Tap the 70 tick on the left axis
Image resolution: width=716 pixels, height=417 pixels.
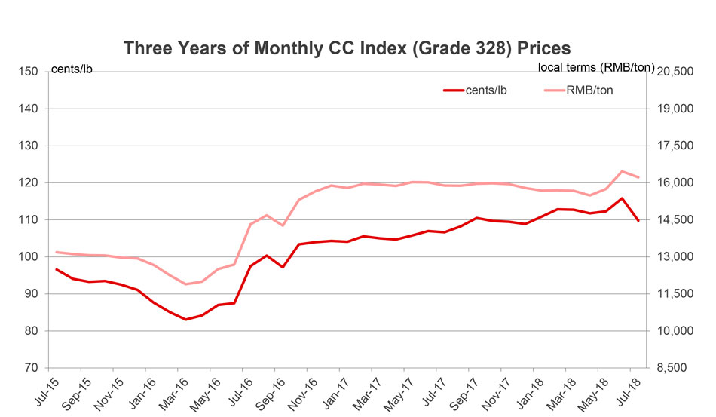tap(31, 368)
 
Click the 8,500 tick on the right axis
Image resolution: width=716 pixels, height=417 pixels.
tap(675, 368)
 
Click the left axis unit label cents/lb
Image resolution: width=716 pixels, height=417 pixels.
tap(72, 71)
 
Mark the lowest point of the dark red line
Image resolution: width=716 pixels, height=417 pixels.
tap(185, 320)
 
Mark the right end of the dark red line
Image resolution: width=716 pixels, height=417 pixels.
tap(638, 220)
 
